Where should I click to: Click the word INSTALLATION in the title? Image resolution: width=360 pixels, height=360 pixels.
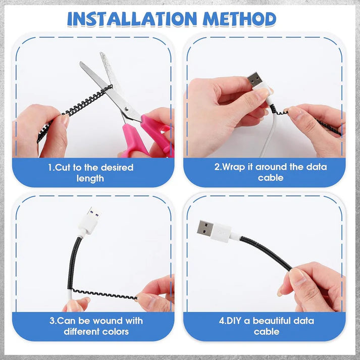(x=132, y=19)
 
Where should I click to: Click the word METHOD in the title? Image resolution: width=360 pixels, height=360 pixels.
(x=240, y=19)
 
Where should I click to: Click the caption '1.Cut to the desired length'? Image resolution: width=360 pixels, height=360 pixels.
(x=91, y=173)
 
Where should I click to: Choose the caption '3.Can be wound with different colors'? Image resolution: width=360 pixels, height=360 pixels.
(x=96, y=326)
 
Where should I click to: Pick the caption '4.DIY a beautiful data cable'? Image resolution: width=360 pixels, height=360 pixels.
(x=266, y=326)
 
